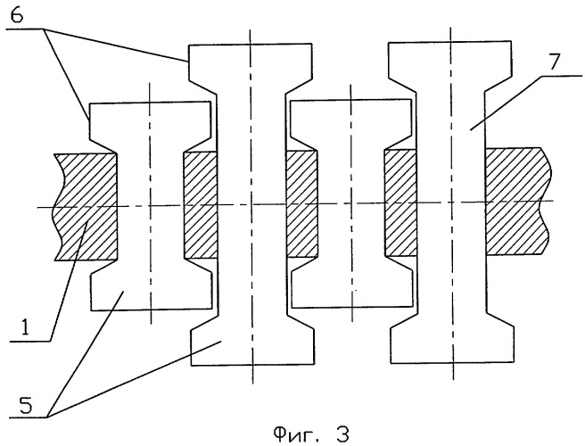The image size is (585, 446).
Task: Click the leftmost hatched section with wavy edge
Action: pyautogui.click(x=85, y=207)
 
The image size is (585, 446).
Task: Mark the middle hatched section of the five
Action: pyautogui.click(x=301, y=204)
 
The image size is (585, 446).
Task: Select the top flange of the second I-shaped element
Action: pyautogui.click(x=251, y=59)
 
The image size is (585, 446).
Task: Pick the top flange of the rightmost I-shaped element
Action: pyautogui.click(x=452, y=59)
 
